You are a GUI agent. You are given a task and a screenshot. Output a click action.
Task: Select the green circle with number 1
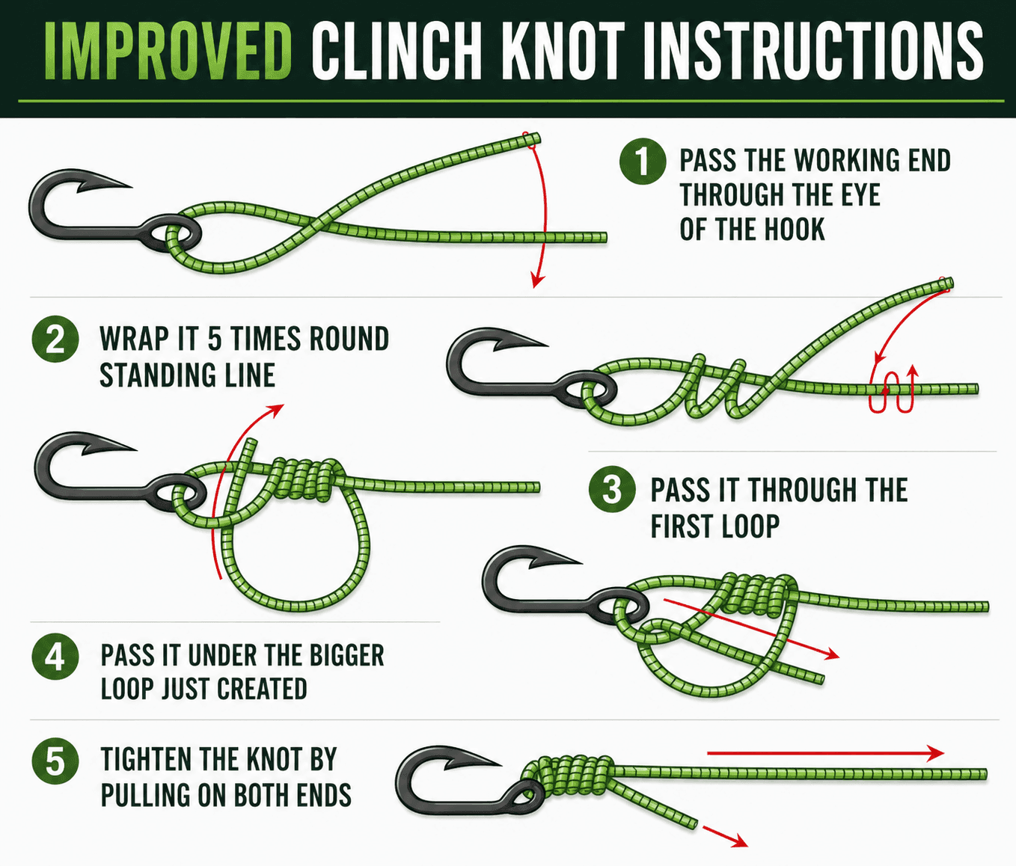[643, 162]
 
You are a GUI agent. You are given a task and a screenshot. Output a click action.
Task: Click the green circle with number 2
[55, 340]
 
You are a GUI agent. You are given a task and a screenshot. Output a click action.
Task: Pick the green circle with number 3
[612, 491]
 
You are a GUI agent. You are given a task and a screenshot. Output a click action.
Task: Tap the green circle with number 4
[55, 657]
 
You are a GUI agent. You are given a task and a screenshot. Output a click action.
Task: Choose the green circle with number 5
[55, 761]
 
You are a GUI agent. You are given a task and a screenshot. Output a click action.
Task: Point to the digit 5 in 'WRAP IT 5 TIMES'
[215, 340]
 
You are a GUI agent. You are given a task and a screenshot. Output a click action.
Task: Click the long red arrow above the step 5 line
[823, 753]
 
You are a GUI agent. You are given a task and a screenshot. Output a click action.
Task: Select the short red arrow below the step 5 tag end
[726, 836]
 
